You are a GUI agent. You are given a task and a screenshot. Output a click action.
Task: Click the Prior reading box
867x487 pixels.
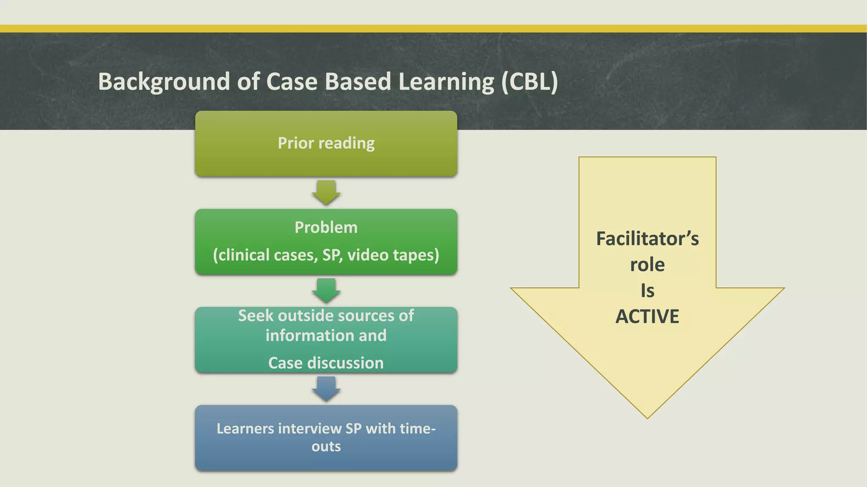coord(326,143)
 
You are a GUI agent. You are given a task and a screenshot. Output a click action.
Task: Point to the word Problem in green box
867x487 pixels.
coord(326,227)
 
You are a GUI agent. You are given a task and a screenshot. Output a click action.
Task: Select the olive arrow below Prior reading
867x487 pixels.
coord(326,192)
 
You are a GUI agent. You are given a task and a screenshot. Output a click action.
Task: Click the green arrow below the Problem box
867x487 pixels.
coord(326,290)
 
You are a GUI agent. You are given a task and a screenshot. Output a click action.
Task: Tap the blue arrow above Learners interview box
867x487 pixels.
coord(326,389)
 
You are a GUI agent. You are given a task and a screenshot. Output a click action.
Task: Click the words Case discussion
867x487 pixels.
coord(326,363)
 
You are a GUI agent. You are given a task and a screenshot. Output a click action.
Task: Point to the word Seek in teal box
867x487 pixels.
coord(256,316)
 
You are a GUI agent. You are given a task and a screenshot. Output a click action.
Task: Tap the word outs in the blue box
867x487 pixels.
coord(326,446)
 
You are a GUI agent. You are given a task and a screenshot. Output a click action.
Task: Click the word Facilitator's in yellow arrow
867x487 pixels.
coord(647,239)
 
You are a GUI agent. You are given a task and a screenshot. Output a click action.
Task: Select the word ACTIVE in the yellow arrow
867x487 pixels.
coord(647,317)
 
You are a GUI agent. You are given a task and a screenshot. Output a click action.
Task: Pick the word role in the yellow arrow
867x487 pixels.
coord(647,265)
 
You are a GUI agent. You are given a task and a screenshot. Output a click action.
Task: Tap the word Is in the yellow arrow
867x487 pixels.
coord(647,291)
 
